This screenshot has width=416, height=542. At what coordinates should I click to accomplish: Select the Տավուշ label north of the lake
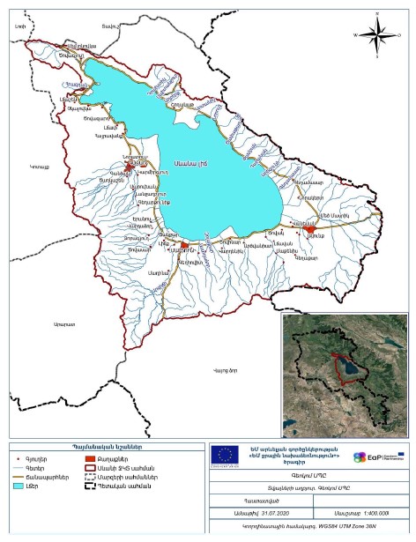108,27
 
